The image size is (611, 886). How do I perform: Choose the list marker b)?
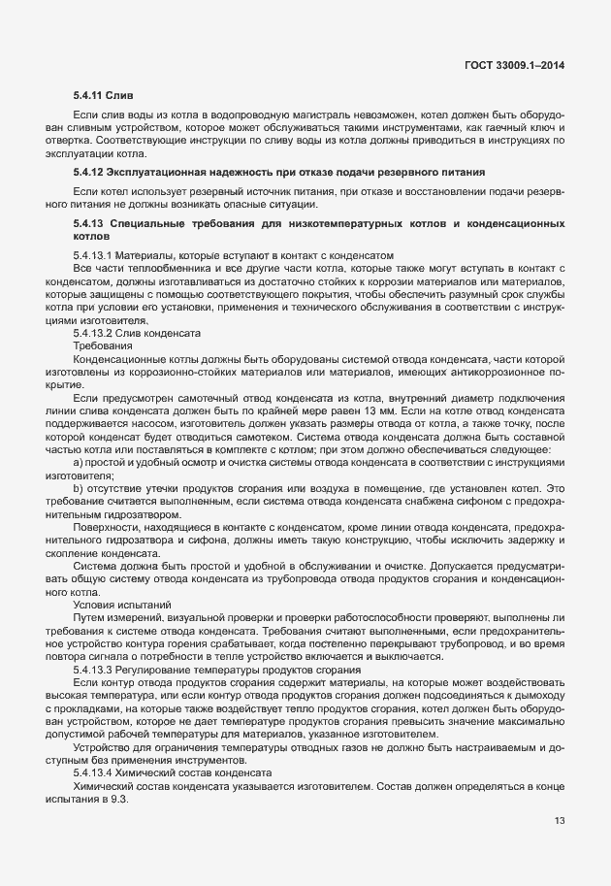point(79,488)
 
